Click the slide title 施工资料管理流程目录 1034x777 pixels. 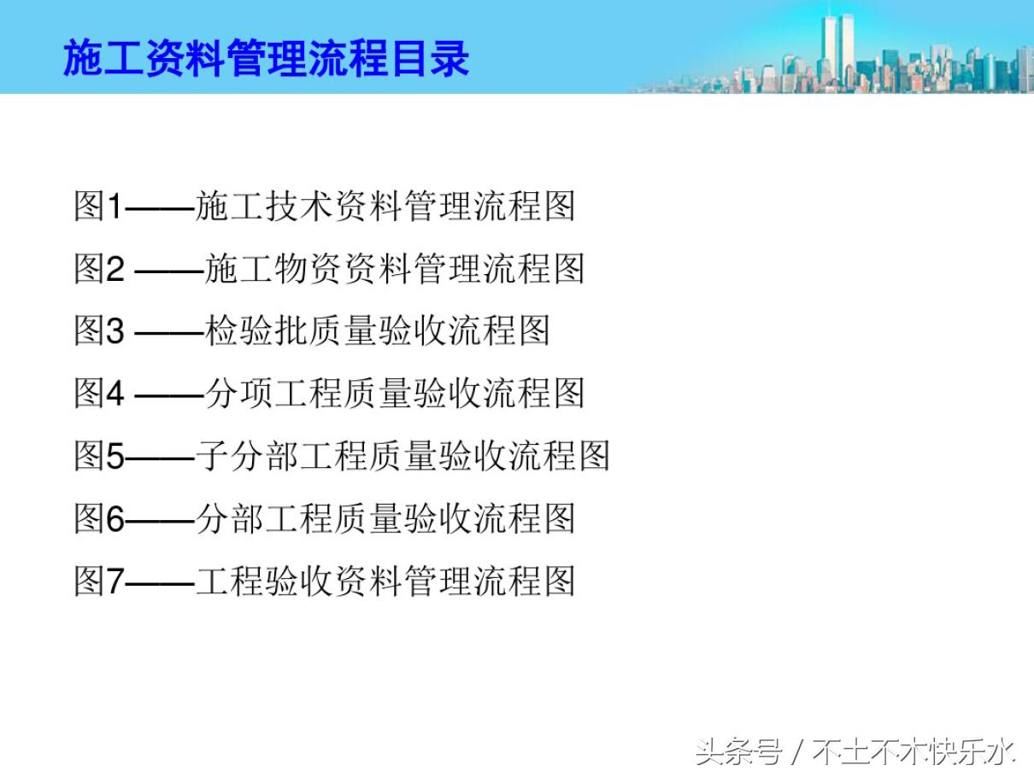pos(266,58)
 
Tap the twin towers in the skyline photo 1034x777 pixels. pos(837,47)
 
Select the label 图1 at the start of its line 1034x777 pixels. pos(99,207)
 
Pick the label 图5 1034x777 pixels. pos(99,456)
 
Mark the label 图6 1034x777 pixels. pos(99,518)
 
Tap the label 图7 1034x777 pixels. pos(99,581)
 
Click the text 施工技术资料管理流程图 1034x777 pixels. pos(385,207)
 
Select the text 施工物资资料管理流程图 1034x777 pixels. pos(395,269)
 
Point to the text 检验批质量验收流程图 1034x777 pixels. pos(377,331)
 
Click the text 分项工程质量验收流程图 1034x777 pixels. pos(395,394)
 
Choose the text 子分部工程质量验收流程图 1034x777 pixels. pos(402,456)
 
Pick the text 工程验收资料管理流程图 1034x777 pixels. pos(385,581)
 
